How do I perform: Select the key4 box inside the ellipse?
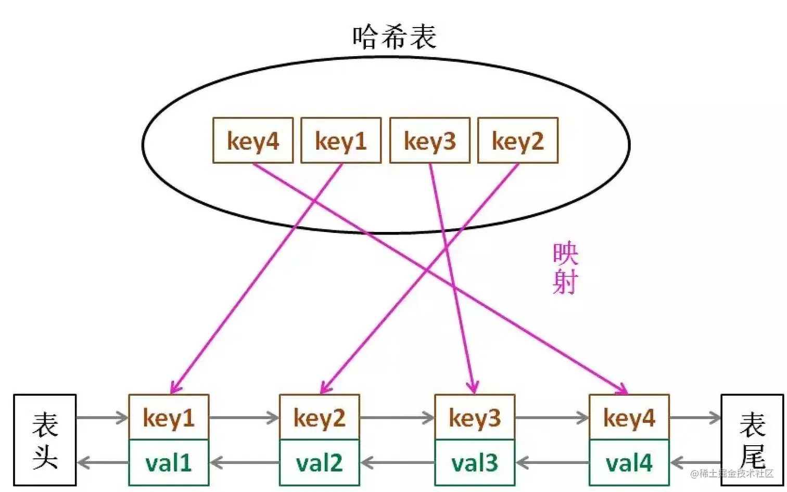[x=253, y=140]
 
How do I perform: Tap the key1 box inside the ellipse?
[x=341, y=140]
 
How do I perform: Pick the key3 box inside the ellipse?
[x=429, y=140]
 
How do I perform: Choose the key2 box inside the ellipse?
[x=518, y=140]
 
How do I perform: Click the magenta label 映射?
[x=565, y=268]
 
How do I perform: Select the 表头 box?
[x=45, y=440]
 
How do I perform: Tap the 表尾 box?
[x=752, y=440]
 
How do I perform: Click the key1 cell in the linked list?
[x=169, y=417]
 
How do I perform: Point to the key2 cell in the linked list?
[x=319, y=417]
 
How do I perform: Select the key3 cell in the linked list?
[x=475, y=417]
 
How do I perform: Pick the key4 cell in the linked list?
[x=629, y=417]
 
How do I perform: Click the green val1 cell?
[x=169, y=462]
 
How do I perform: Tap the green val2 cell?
[x=319, y=462]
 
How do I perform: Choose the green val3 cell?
[x=475, y=462]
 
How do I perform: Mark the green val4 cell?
[x=629, y=462]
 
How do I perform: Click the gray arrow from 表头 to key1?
[x=102, y=417]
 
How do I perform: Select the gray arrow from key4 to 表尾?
[x=695, y=417]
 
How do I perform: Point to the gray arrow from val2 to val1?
[x=244, y=462]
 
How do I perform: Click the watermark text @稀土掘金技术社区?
[x=732, y=473]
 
